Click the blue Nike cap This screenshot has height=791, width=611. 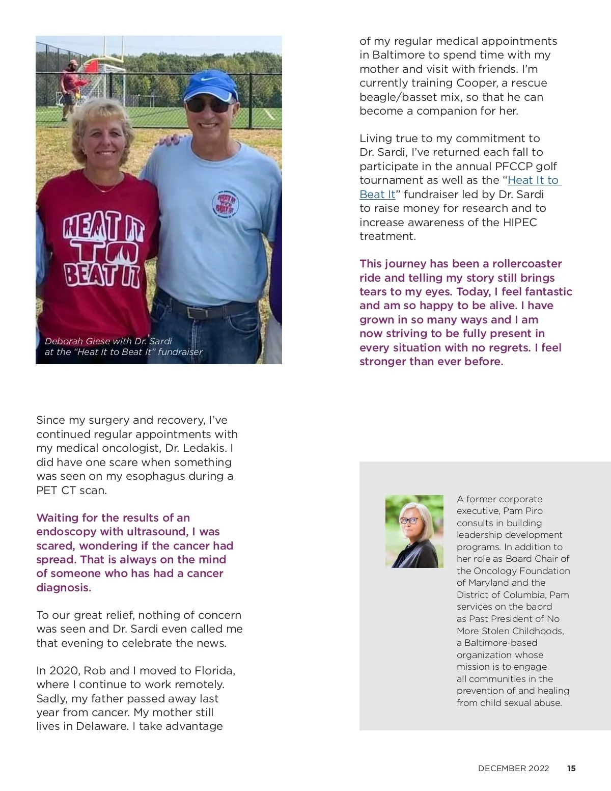[210, 85]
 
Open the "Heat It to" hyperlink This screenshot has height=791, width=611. [533, 180]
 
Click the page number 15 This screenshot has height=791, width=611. [571, 769]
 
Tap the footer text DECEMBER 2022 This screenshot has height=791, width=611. [513, 769]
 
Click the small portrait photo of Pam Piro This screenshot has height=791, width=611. [414, 531]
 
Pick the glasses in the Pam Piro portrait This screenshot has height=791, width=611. [409, 521]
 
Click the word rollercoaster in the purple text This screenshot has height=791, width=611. [527, 264]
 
